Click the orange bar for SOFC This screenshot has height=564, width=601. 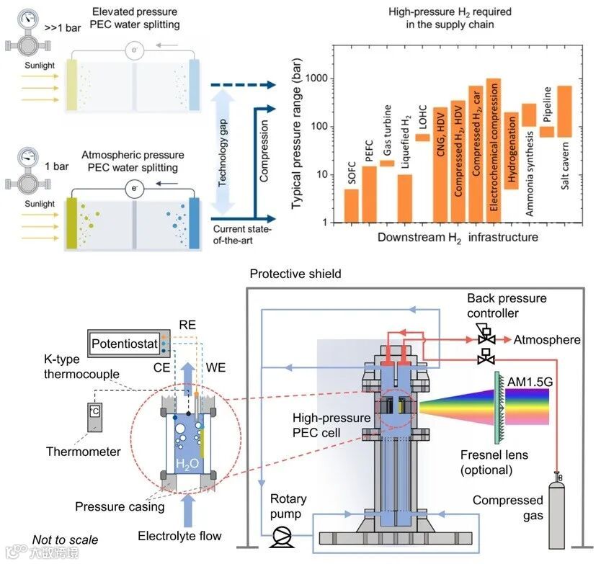pos(351,205)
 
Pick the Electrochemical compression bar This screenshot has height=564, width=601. pos(494,144)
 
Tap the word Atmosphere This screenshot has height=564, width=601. pos(546,339)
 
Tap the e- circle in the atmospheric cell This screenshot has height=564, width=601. pos(132,189)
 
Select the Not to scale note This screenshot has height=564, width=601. pos(66,539)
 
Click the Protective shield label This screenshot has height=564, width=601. pos(295,274)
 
